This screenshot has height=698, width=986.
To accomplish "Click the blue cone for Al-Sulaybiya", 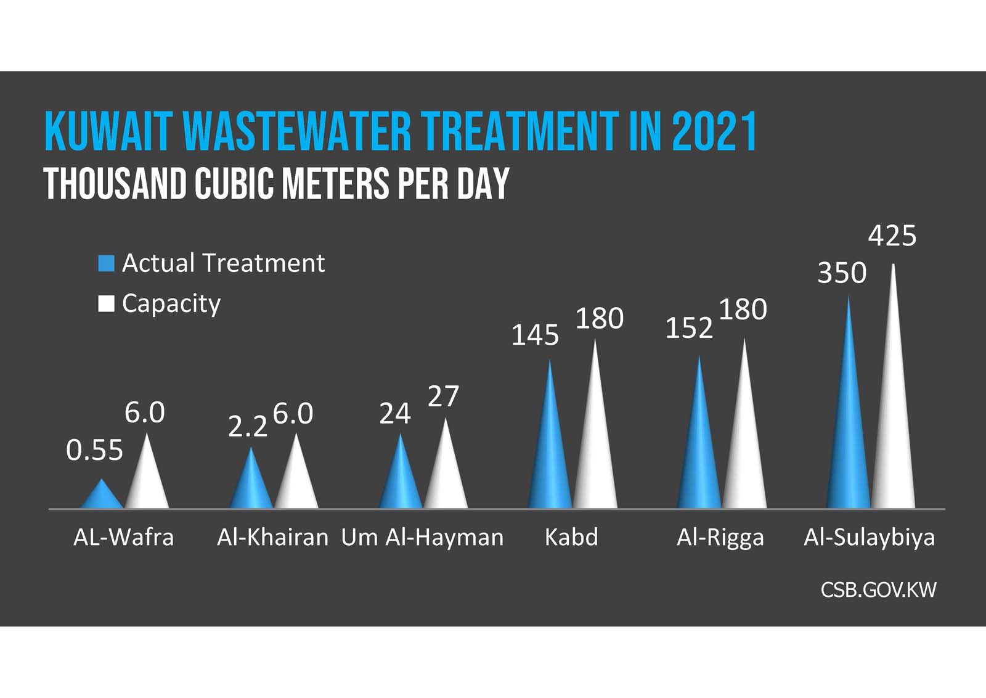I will (x=849, y=432).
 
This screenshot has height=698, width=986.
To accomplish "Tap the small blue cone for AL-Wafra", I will (x=102, y=497).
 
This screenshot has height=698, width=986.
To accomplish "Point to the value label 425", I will (x=892, y=236).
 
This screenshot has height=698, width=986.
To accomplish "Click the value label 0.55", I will (x=94, y=451).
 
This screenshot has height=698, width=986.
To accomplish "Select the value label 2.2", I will (x=248, y=427).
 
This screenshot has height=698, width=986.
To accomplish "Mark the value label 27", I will (x=443, y=397).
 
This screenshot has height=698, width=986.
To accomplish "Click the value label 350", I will (x=842, y=273).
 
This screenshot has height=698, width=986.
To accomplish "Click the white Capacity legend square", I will (x=106, y=304).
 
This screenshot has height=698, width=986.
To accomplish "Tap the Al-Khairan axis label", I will (x=272, y=538).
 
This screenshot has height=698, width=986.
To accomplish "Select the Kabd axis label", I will (x=571, y=538).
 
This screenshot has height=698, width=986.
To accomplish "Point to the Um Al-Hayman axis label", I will (x=422, y=538).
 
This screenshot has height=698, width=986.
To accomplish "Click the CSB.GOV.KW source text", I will (x=878, y=590).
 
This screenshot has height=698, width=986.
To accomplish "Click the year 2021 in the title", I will (x=714, y=132).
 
